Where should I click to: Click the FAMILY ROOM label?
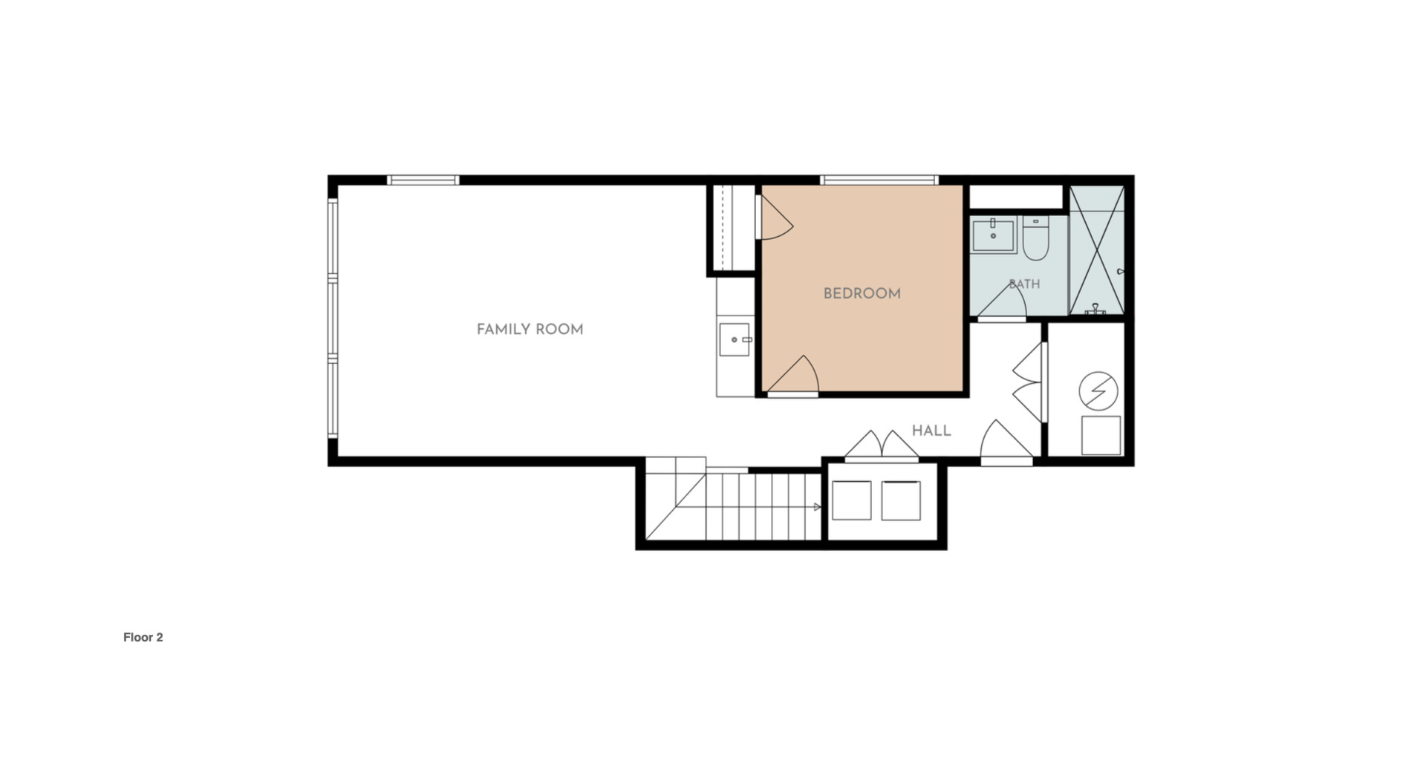(530, 330)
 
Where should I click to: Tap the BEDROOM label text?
(862, 294)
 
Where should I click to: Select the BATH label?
(1024, 284)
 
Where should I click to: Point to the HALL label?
(931, 431)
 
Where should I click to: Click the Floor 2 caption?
(143, 637)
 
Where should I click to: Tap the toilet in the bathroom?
(1035, 238)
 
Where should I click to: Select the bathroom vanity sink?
(994, 235)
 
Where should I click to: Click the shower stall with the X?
(1096, 250)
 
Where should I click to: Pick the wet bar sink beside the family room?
(735, 339)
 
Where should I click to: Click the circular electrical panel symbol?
(1098, 391)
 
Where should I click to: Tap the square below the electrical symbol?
(1101, 436)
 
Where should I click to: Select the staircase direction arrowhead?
(818, 507)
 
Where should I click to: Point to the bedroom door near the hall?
(793, 376)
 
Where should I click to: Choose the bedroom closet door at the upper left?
(775, 217)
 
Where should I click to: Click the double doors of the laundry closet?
(882, 446)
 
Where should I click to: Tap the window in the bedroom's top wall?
(879, 180)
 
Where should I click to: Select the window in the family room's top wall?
(423, 180)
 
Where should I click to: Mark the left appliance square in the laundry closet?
(852, 500)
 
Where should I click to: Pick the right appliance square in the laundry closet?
(901, 500)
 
